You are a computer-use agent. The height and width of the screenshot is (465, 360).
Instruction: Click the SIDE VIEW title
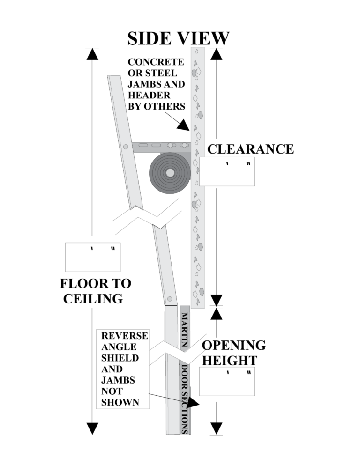[x=179, y=38]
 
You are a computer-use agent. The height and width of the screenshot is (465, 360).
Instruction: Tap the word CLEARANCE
[x=250, y=149]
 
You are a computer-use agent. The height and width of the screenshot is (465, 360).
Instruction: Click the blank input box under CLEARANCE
[x=226, y=171]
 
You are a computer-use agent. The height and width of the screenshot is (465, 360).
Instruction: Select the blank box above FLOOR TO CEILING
[x=93, y=257]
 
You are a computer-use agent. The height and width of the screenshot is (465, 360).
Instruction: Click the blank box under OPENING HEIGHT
[x=227, y=382]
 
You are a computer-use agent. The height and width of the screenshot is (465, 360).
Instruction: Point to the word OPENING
[x=233, y=346]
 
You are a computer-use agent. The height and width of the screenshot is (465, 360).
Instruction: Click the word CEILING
[x=93, y=298]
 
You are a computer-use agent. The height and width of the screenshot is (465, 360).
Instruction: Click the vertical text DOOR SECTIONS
[x=185, y=399]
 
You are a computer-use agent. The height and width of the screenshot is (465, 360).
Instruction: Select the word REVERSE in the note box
[x=125, y=336]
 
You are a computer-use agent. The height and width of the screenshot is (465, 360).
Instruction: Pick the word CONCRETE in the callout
[x=156, y=62]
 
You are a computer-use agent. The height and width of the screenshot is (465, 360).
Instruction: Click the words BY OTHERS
[x=157, y=106]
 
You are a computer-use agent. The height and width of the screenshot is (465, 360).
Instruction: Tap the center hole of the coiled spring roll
[x=170, y=173]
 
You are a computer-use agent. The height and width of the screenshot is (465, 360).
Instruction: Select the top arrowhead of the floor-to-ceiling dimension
[x=92, y=54]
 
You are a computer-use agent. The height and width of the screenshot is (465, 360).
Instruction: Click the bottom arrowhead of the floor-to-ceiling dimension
[x=92, y=428]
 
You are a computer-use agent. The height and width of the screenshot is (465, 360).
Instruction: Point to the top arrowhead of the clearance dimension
[x=216, y=54]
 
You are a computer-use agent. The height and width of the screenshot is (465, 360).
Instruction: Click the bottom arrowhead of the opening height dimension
[x=216, y=428]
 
